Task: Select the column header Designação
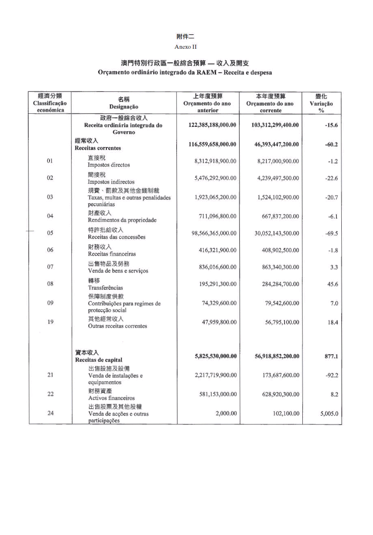(123, 107)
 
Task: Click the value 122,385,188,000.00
(213, 125)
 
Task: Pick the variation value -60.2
(332, 145)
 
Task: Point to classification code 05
(50, 233)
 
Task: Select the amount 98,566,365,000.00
(214, 233)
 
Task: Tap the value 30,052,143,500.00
(277, 233)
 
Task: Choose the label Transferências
(106, 288)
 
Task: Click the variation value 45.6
(332, 284)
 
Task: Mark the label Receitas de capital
(99, 360)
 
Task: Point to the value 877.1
(331, 357)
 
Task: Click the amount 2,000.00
(225, 413)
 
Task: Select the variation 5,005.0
(329, 414)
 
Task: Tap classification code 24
(50, 413)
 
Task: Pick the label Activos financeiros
(111, 398)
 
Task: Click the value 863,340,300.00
(280, 267)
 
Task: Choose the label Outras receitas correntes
(117, 326)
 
